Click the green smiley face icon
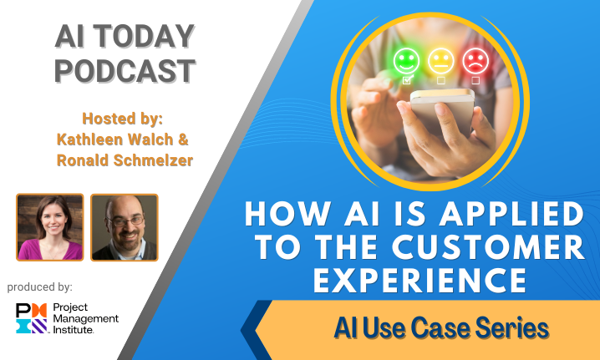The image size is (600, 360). click(406, 61)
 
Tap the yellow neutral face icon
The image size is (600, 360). click(441, 61)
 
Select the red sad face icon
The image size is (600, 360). click(475, 61)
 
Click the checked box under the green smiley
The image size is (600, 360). click(407, 80)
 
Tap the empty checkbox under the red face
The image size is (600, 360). click(475, 80)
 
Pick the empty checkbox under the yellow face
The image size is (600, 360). click(441, 80)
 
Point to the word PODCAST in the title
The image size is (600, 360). click(125, 71)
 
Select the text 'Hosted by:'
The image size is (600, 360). click(123, 119)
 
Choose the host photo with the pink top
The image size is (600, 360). click(50, 228)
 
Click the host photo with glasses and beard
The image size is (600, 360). click(125, 228)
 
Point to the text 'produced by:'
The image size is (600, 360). click(40, 287)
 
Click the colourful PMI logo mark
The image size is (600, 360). click(32, 318)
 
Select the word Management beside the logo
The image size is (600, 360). click(86, 319)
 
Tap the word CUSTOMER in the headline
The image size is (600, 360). click(489, 248)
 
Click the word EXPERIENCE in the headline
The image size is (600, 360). click(420, 281)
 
